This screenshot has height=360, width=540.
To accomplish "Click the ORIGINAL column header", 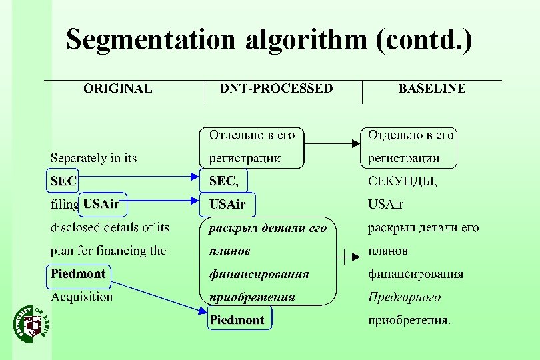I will click(117, 88).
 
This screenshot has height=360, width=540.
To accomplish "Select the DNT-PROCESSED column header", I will click(277, 88).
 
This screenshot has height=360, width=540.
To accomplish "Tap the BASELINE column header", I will click(432, 88).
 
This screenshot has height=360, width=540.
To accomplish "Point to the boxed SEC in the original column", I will click(63, 181).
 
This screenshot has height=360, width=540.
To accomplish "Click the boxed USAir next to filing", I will click(101, 204).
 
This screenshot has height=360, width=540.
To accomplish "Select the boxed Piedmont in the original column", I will click(78, 273).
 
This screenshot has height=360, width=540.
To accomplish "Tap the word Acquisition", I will click(82, 297).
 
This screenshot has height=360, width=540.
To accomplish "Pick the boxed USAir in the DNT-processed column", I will click(227, 204).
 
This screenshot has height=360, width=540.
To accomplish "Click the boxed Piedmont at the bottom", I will click(237, 320).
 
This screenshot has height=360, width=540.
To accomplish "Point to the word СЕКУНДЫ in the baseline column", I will click(403, 181).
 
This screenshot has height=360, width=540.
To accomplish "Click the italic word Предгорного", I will click(405, 297).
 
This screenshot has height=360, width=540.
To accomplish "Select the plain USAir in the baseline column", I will click(386, 204).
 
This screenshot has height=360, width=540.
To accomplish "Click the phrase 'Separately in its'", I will click(94, 158).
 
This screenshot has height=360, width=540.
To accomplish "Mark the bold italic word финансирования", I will click(259, 274).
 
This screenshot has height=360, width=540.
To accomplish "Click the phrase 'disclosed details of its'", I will click(110, 227).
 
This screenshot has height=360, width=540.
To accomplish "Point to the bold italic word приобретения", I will click(251, 297).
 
